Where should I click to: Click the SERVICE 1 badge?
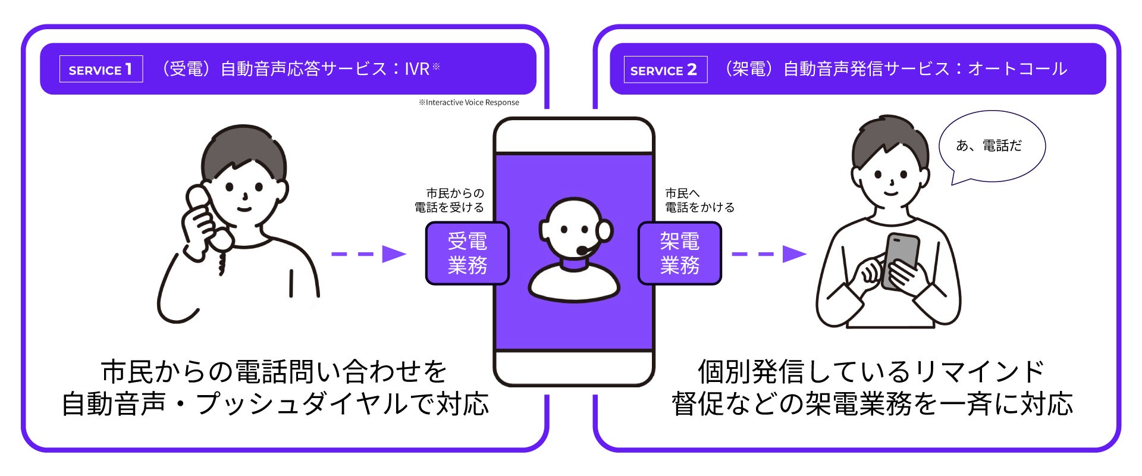point(101,69)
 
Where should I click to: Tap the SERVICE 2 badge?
point(665,70)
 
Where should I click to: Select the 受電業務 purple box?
point(468,253)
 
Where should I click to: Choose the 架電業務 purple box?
point(679,253)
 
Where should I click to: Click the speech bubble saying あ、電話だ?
point(991,146)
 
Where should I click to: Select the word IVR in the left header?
point(417,69)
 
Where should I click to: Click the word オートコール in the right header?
point(1018,69)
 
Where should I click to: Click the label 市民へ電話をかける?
point(699,201)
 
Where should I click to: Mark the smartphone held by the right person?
point(901,259)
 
